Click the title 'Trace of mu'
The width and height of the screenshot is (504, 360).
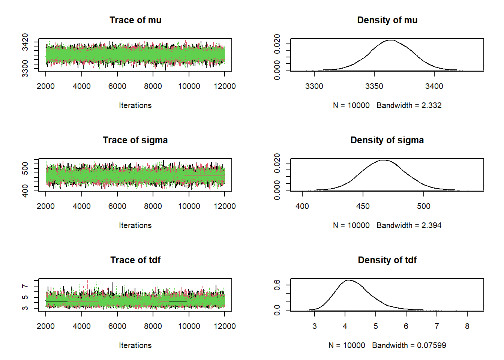[x=135, y=20]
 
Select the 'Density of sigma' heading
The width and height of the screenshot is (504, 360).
[x=387, y=140]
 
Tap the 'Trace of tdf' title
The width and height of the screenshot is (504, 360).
[x=135, y=260]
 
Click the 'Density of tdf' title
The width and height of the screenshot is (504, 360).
[x=387, y=260]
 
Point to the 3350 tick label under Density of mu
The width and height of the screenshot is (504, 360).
[x=374, y=86]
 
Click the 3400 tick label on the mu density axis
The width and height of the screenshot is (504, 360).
[x=434, y=86]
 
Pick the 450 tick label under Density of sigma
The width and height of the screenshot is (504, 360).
[x=363, y=206]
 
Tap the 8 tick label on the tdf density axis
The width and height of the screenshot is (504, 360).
[x=467, y=326]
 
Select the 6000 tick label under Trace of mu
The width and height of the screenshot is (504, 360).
[x=117, y=86]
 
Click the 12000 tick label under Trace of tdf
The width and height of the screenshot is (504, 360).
[x=225, y=326]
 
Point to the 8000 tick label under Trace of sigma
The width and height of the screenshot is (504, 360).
[x=153, y=206]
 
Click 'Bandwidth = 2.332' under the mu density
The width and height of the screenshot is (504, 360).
[x=409, y=105]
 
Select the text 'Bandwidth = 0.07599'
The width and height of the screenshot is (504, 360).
[x=409, y=345]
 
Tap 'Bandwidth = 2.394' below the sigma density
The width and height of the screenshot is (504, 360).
[x=409, y=225]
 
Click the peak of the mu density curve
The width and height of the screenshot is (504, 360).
[x=391, y=40]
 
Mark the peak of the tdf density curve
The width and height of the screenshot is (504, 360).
[x=348, y=280]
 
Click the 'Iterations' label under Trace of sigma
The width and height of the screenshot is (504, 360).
[x=135, y=225]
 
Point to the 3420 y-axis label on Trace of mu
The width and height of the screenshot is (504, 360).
[x=25, y=42]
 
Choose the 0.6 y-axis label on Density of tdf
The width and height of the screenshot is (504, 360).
[x=277, y=285]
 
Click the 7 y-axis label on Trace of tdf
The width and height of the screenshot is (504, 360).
[x=25, y=286]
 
